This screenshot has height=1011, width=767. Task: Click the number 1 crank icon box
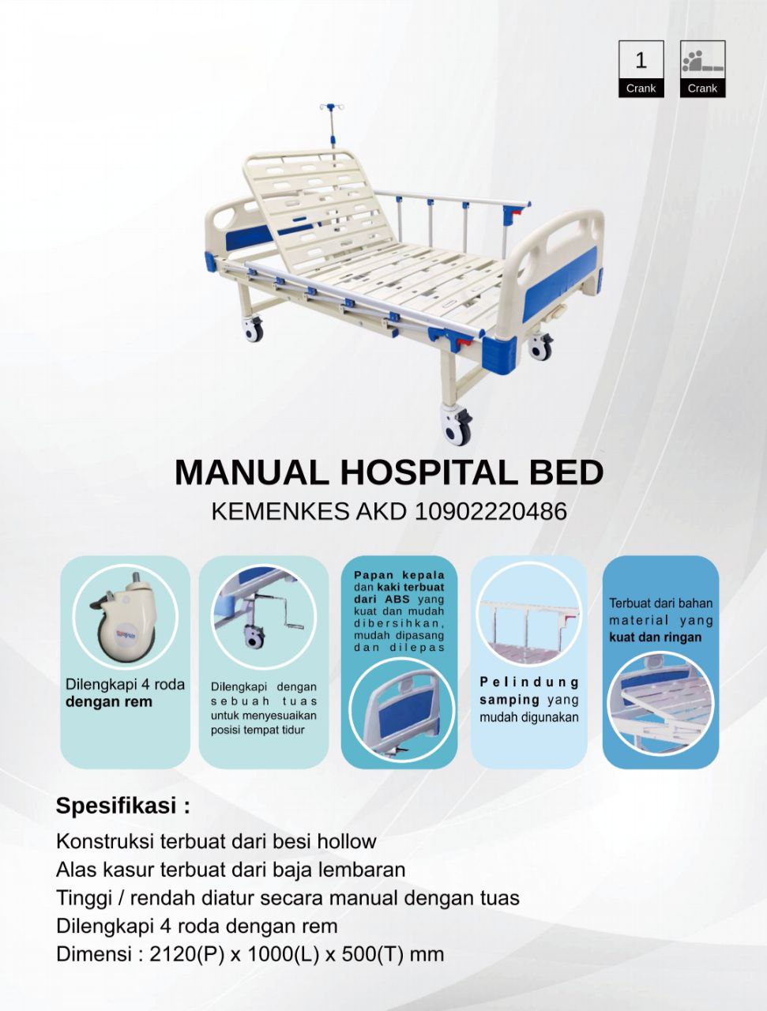[641, 69]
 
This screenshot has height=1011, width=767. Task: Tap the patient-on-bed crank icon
[702, 69]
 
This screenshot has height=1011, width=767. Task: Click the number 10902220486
[491, 512]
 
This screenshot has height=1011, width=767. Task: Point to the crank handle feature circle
[263, 617]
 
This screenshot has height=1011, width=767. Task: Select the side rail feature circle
[528, 617]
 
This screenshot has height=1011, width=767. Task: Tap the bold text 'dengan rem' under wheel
[109, 702]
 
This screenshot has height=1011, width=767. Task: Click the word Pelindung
[529, 682]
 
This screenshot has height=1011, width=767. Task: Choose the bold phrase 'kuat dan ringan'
[655, 637]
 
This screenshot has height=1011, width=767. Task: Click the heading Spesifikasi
[122, 806]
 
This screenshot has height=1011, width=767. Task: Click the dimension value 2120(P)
[186, 954]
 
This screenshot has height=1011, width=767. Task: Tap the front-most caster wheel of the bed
[457, 429]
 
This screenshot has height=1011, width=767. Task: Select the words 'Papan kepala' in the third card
[399, 575]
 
